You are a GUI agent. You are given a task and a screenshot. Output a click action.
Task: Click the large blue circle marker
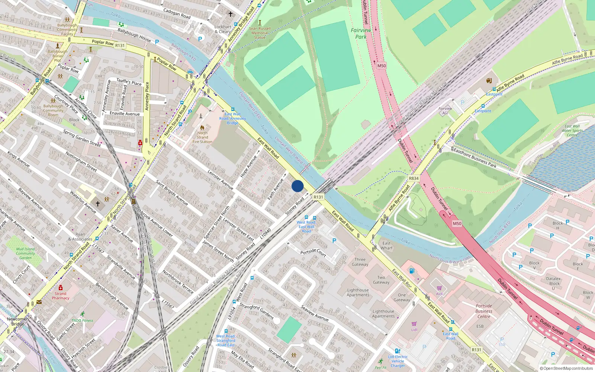(x=297, y=186)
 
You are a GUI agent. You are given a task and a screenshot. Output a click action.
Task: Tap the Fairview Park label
(x=361, y=33)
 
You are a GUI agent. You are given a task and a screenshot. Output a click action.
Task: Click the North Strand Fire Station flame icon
(x=202, y=127)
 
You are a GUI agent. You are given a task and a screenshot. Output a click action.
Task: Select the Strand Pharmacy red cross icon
(x=61, y=288)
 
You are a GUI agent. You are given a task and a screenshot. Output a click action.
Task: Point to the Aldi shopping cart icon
(x=439, y=288)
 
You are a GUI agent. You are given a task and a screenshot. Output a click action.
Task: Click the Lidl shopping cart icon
(x=414, y=324)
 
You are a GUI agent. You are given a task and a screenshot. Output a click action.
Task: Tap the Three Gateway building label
(x=360, y=262)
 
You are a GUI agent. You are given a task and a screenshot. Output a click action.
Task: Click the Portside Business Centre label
(x=484, y=311)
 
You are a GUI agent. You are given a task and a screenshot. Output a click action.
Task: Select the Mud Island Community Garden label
(x=25, y=253)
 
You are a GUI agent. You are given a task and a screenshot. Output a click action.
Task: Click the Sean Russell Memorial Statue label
(x=260, y=33)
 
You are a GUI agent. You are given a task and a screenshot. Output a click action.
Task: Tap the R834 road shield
(x=414, y=178)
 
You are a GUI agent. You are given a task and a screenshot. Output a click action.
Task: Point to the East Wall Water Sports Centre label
(x=572, y=131)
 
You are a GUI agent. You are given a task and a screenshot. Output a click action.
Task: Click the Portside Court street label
(x=313, y=253)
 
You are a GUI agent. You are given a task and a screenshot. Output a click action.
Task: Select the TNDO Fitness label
(x=83, y=320)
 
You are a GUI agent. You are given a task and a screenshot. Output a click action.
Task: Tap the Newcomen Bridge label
(x=17, y=321)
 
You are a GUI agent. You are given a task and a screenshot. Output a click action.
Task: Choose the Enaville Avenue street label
(x=125, y=113)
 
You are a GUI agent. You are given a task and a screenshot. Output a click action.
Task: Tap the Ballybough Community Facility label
(x=67, y=29)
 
